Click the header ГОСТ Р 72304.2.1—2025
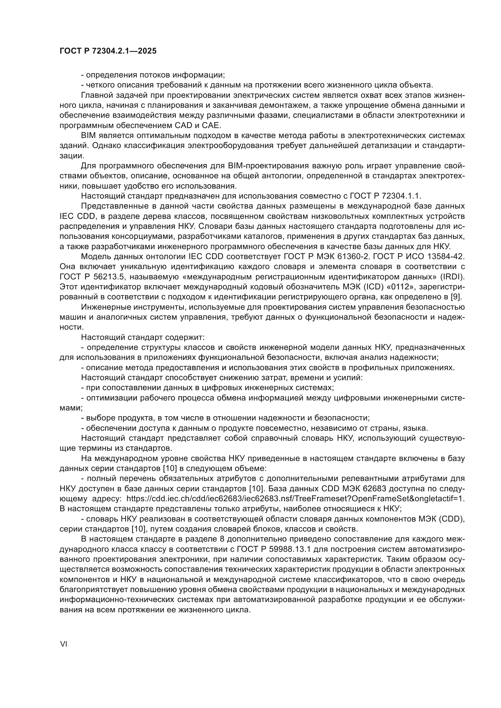(108, 51)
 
